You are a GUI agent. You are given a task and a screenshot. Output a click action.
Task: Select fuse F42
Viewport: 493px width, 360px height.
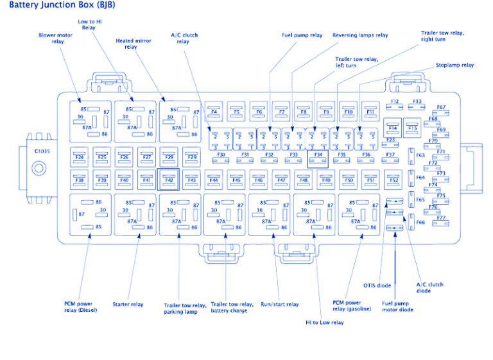coord(168,180)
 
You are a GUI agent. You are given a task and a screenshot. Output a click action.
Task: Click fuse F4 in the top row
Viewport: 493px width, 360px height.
coord(214,112)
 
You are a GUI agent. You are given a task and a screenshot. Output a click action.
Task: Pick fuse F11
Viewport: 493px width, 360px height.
coord(370,112)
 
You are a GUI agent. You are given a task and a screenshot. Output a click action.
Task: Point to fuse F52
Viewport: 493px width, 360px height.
coord(394,180)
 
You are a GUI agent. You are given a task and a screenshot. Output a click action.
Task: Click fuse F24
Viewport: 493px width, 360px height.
coord(80,157)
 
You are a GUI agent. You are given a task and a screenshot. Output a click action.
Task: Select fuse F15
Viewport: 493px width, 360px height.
coord(411,128)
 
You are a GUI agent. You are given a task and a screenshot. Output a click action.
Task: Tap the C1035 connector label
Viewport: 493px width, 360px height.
coord(42,151)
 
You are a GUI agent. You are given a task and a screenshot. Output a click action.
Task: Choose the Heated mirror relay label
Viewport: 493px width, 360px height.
coord(134,44)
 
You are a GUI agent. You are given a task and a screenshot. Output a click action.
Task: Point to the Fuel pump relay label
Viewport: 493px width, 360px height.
coord(302,35)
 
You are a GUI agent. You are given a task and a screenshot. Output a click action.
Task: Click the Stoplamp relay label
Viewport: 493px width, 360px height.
coord(454,65)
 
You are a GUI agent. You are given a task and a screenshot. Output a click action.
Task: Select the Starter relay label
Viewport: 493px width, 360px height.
coord(128,304)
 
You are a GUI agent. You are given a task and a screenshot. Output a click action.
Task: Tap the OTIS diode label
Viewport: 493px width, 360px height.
coord(378,286)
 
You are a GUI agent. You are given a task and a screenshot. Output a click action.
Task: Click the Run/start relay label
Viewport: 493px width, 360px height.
coord(279,304)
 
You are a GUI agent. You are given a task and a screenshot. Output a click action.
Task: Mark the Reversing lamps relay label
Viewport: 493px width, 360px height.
coord(360,35)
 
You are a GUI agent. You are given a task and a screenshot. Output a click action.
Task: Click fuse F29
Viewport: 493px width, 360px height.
coord(191,157)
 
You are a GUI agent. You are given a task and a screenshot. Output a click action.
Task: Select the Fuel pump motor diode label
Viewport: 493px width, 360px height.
coord(397,306)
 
